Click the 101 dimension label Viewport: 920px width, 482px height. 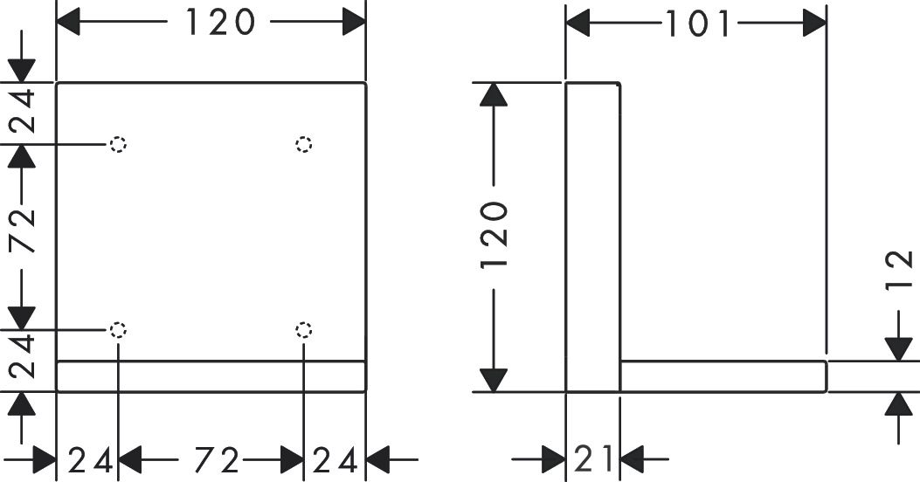pyautogui.click(x=697, y=24)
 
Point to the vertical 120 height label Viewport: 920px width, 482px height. pyautogui.click(x=495, y=236)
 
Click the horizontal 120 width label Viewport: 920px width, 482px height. pyautogui.click(x=219, y=22)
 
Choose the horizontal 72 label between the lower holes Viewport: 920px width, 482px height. pyautogui.click(x=218, y=458)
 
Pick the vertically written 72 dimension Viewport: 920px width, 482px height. pyautogui.click(x=24, y=230)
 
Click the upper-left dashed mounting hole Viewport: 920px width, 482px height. pyautogui.click(x=118, y=144)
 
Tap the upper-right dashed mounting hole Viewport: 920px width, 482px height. pyautogui.click(x=304, y=144)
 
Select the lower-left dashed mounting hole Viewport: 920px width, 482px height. pyautogui.click(x=118, y=329)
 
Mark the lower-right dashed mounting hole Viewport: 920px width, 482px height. pyautogui.click(x=304, y=329)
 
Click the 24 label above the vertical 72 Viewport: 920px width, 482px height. pyautogui.click(x=24, y=111)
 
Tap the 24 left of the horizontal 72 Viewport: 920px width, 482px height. pyautogui.click(x=91, y=458)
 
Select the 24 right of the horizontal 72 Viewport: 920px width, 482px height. pyautogui.click(x=335, y=458)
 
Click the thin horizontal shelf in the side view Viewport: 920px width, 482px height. pyautogui.click(x=723, y=376)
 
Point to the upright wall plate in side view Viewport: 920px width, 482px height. pyautogui.click(x=593, y=236)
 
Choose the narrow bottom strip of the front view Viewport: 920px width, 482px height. pyautogui.click(x=211, y=376)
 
